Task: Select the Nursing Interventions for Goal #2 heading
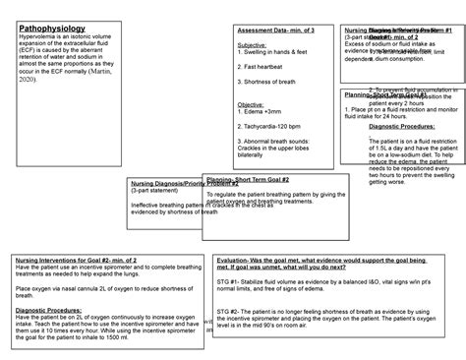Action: click(83, 259)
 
